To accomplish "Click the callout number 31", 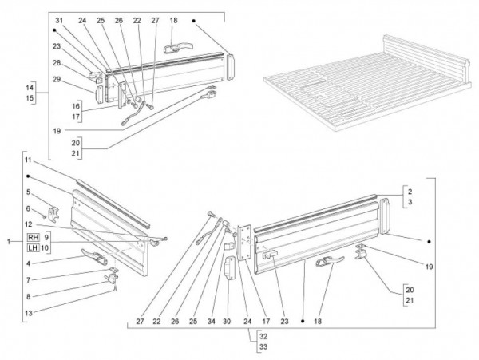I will coord(58,19).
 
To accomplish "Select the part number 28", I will coord(57,62).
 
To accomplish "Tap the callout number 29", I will coord(57,78).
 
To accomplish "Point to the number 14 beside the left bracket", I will coord(30,86).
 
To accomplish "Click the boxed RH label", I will coord(32,238).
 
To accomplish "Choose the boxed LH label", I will coord(32,248).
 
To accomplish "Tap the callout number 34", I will coord(212,322).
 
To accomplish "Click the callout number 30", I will coord(228,322).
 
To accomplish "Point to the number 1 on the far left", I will coord(8,241).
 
